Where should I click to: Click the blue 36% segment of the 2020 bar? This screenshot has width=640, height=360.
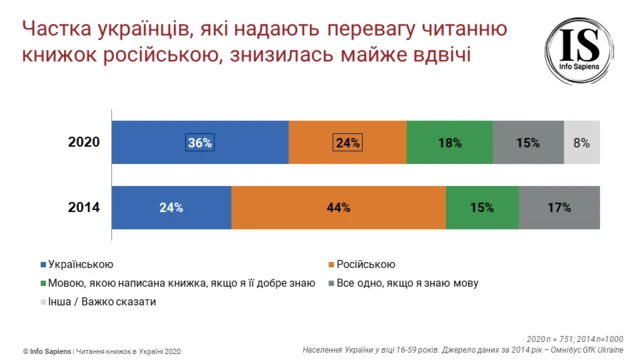(200, 143)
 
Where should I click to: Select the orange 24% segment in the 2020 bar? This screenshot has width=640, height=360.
(347, 143)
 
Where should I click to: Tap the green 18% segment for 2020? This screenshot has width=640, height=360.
(449, 143)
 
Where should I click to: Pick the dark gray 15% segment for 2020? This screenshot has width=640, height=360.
(529, 143)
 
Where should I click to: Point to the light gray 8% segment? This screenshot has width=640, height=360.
(583, 143)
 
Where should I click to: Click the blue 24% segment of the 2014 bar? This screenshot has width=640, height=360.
(171, 208)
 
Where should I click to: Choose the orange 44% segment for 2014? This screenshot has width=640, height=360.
(338, 208)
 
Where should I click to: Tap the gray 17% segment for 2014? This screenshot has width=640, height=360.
(558, 208)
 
